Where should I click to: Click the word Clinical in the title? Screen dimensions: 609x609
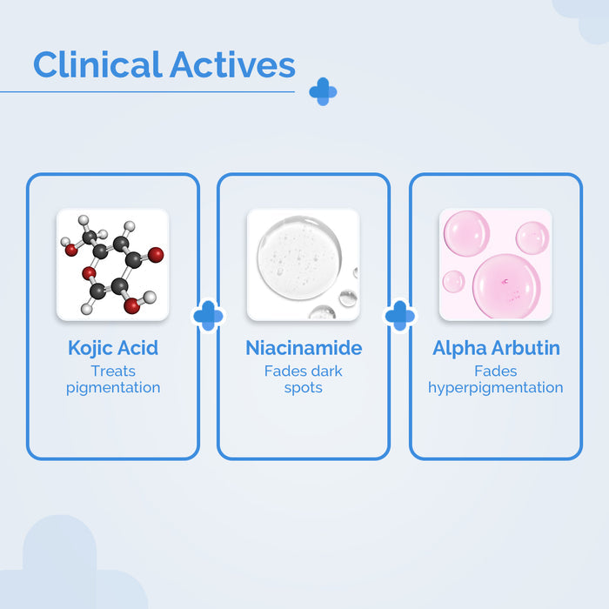click(97, 64)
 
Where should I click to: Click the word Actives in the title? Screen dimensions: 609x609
click(232, 64)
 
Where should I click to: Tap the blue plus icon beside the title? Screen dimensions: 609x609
click(323, 91)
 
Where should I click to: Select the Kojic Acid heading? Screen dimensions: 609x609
click(113, 348)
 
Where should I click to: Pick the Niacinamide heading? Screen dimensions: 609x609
click(304, 348)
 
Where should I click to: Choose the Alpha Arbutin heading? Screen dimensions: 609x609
click(496, 348)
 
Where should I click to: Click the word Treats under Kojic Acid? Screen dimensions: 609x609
click(113, 371)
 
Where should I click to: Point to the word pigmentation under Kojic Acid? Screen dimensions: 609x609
click(113, 388)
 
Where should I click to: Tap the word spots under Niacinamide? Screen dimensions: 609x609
click(304, 388)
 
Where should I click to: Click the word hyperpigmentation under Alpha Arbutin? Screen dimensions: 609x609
click(496, 388)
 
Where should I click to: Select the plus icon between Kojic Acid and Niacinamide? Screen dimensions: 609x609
click(208, 316)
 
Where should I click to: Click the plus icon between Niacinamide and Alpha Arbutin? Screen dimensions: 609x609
click(400, 316)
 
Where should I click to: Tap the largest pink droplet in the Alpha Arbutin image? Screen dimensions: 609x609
click(506, 286)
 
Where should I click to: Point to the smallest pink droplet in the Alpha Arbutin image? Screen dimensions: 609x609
click(453, 281)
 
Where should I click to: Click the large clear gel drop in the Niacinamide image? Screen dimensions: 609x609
click(299, 258)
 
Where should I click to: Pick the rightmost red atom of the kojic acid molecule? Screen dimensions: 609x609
click(156, 255)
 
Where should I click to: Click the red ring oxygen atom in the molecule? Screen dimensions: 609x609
click(89, 273)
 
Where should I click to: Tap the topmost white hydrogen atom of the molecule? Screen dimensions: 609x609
click(84, 220)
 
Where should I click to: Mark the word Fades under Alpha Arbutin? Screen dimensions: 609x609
click(496, 371)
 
